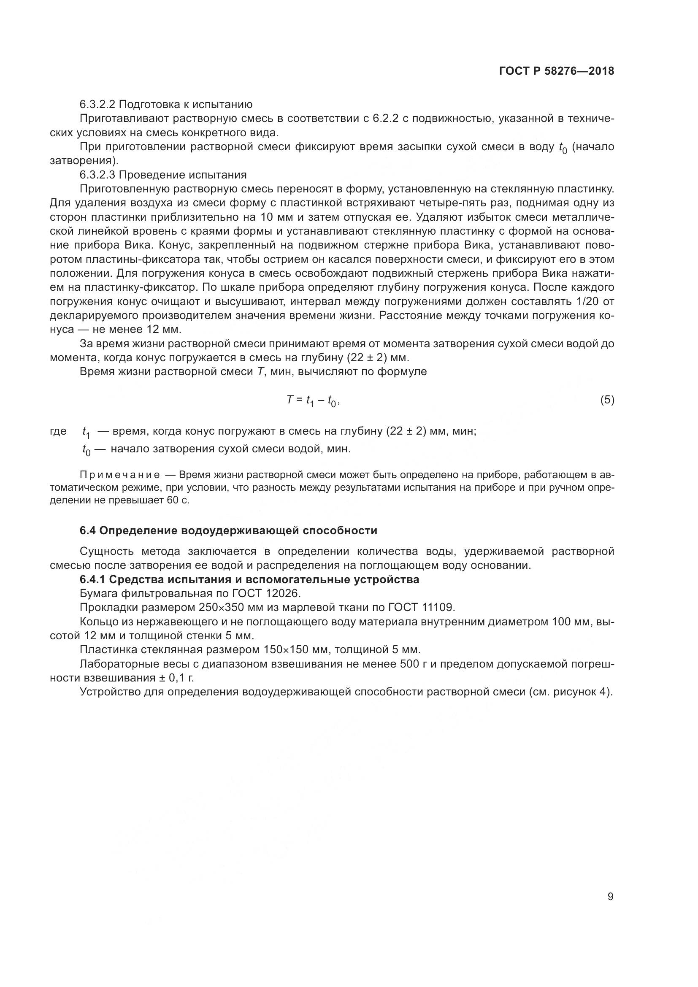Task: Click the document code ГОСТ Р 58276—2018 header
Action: pyautogui.click(x=556, y=71)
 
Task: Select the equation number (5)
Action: pyautogui.click(x=607, y=400)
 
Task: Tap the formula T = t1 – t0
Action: pyautogui.click(x=313, y=400)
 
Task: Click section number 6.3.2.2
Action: pyautogui.click(x=98, y=105)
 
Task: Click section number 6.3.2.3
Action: pyautogui.click(x=98, y=175)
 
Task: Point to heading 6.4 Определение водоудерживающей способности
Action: pyautogui.click(x=228, y=531)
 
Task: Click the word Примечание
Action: pyautogui.click(x=120, y=475)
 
